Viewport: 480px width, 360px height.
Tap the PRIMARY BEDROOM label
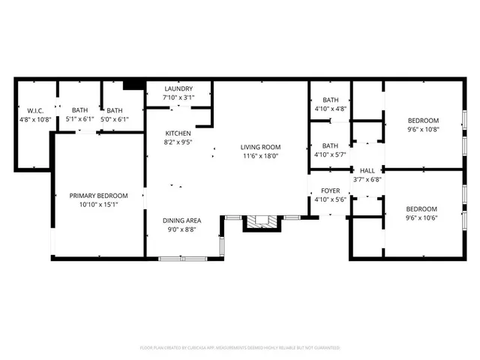click(x=98, y=196)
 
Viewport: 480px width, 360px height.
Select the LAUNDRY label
click(x=178, y=88)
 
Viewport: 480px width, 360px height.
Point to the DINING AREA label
click(x=181, y=220)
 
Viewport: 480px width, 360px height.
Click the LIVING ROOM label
click(x=259, y=147)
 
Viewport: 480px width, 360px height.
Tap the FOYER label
click(x=331, y=191)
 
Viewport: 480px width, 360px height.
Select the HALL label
click(x=367, y=170)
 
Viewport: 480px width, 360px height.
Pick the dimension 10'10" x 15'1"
click(x=98, y=205)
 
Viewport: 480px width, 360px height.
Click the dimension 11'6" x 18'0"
click(x=259, y=156)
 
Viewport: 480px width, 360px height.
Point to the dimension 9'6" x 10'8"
click(x=423, y=129)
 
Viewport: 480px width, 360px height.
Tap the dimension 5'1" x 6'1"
click(x=79, y=118)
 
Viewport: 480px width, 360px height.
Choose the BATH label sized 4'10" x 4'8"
click(x=331, y=100)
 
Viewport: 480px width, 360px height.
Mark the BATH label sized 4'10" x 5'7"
click(x=331, y=145)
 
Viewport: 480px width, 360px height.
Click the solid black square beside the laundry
click(x=133, y=85)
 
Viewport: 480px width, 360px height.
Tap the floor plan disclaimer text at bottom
click(x=240, y=348)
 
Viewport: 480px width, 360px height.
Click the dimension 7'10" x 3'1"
click(x=178, y=97)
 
